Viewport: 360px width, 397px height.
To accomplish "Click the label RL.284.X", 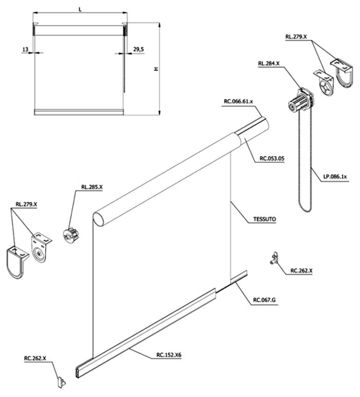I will tap(268, 64).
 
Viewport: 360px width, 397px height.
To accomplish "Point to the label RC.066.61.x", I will tap(238, 102).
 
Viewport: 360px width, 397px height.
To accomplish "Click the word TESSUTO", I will tap(265, 219).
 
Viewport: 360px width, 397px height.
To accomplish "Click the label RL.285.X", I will tap(92, 187).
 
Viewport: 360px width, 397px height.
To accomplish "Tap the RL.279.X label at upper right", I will tap(296, 37).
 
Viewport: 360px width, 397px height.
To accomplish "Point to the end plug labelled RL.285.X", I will tap(70, 234).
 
